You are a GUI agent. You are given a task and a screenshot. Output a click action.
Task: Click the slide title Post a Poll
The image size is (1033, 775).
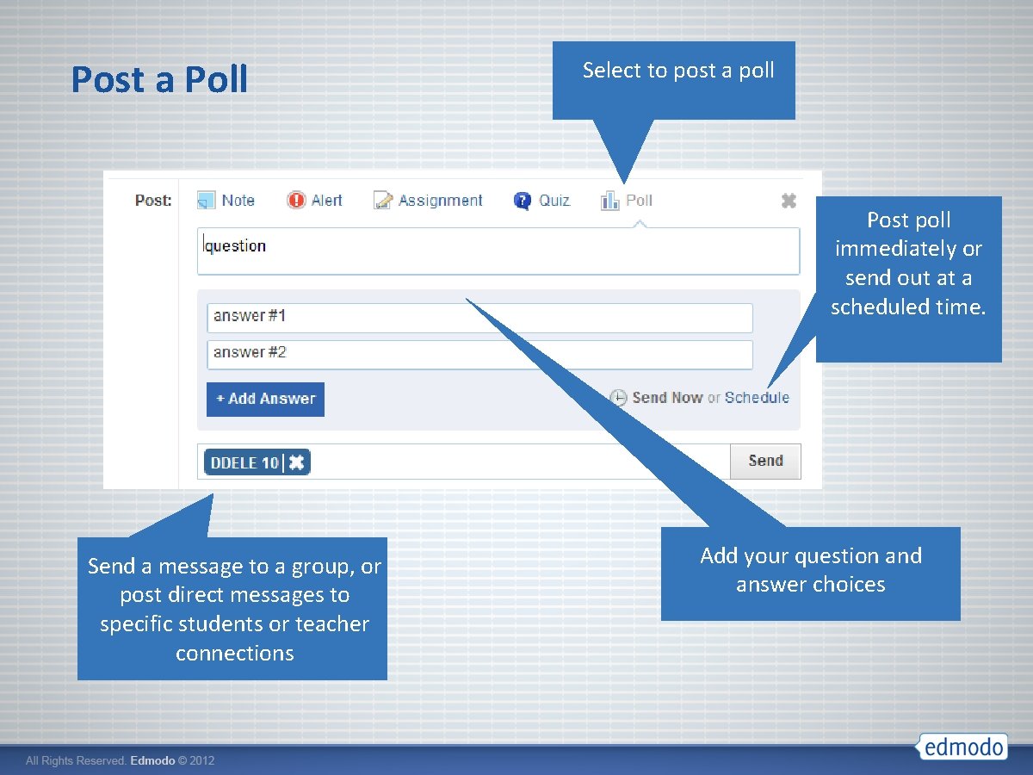(x=159, y=79)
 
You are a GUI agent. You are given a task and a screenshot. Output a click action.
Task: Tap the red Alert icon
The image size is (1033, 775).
(x=296, y=201)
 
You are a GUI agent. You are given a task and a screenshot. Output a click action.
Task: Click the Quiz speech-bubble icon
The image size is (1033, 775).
(x=523, y=201)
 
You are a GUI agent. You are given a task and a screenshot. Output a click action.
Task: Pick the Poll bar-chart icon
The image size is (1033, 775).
(x=609, y=201)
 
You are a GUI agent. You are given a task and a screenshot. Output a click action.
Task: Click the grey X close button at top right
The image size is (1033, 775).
(x=788, y=201)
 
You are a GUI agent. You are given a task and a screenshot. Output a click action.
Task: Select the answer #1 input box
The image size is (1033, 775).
(x=479, y=317)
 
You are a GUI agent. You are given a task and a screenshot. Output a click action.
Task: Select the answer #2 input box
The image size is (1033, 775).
(x=479, y=354)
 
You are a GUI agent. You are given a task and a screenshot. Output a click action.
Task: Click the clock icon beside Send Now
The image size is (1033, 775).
(x=618, y=398)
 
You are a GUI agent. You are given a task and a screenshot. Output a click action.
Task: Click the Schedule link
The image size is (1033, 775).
(x=757, y=398)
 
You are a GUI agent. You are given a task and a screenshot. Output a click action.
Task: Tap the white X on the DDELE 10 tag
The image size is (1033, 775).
(x=296, y=462)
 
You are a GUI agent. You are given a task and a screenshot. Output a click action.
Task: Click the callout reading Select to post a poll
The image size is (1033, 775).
(x=677, y=71)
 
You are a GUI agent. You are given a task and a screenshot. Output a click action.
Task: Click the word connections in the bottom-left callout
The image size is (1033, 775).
(x=234, y=653)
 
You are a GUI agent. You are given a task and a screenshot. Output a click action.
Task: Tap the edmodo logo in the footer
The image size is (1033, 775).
(x=962, y=747)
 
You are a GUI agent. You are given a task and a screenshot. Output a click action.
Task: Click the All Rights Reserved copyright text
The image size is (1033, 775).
(x=120, y=761)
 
